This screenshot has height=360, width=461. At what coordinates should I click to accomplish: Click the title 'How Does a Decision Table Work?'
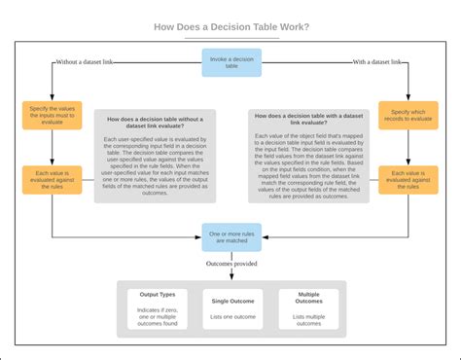pyautogui.click(x=230, y=27)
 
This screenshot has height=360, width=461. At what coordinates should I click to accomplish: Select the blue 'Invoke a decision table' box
pyautogui.click(x=230, y=63)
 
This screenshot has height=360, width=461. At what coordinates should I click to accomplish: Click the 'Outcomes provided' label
pyautogui.click(x=230, y=264)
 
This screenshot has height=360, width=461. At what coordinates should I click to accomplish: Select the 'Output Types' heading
pyautogui.click(x=158, y=294)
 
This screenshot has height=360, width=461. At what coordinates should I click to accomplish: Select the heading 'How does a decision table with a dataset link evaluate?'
pyautogui.click(x=302, y=117)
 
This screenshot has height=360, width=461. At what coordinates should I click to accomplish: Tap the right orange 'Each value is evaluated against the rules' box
pyautogui.click(x=408, y=180)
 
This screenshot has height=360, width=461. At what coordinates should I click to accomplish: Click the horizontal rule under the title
pyautogui.click(x=230, y=39)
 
